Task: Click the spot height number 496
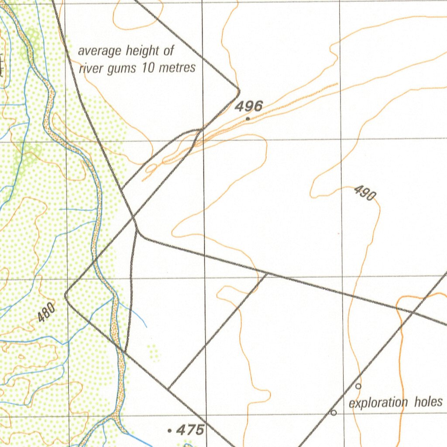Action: tap(249, 106)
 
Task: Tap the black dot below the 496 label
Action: tap(248, 118)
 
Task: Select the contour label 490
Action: tap(364, 193)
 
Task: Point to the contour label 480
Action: tap(46, 313)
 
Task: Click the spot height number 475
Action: tap(190, 430)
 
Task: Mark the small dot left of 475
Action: tap(169, 431)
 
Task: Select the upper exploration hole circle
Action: tap(358, 386)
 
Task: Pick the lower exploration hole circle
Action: tap(334, 413)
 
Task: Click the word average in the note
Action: tap(100, 51)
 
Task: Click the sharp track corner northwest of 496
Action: tap(239, 91)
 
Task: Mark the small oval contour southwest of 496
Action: tap(151, 168)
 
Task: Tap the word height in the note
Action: tap(142, 51)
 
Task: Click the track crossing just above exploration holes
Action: tap(412, 312)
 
